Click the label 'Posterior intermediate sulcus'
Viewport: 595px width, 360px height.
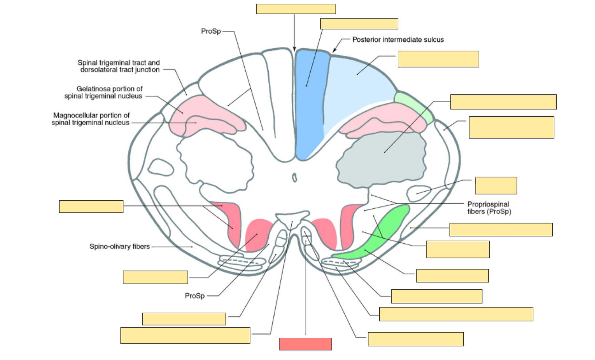398,40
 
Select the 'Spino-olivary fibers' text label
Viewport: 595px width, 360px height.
119,246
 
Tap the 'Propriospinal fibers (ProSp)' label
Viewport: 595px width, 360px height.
489,208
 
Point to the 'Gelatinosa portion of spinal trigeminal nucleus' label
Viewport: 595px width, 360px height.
104,92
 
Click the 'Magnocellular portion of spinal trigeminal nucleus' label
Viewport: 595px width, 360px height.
91,119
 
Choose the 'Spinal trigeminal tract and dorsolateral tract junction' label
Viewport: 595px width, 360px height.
119,66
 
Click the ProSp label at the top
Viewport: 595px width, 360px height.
211,31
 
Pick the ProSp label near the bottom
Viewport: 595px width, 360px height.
195,296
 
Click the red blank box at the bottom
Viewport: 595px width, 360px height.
305,344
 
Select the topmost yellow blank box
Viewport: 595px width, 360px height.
296,9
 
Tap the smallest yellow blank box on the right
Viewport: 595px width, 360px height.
496,185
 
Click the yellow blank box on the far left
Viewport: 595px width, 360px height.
91,206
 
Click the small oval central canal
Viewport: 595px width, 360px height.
294,178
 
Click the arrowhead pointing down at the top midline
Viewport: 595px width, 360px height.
294,49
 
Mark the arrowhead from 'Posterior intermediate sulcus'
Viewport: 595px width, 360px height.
334,50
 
